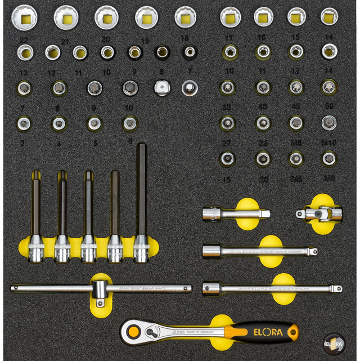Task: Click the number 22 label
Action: pos(24,41)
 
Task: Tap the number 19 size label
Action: pos(145,41)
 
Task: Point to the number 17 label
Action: pos(228,38)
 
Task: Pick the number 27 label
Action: pos(227,142)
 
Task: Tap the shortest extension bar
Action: pos(233,213)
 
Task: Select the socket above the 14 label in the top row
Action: pos(329,16)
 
